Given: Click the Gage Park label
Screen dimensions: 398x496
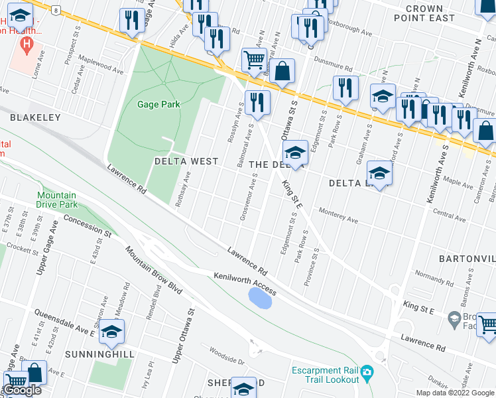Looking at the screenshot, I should click(158, 104).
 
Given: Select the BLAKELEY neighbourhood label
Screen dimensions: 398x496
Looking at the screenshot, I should click(35, 117).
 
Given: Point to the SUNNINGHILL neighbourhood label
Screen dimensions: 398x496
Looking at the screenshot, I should click(100, 354).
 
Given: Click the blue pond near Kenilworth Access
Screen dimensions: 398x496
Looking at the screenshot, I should click(259, 298).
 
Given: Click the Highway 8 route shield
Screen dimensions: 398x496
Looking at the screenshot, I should click(58, 10).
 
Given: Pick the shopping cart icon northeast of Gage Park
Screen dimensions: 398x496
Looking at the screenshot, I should click(254, 61).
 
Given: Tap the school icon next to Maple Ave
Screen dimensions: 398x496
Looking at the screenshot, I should click(379, 174).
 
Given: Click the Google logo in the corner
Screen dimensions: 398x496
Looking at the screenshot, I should click(23, 391).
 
